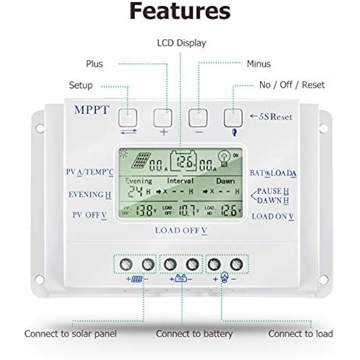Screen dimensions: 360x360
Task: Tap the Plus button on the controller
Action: (x=163, y=117)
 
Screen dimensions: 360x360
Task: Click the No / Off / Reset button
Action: (x=233, y=117)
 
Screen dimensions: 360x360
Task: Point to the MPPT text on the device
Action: (x=91, y=110)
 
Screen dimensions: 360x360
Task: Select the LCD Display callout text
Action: (x=181, y=43)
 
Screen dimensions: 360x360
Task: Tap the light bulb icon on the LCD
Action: (x=224, y=158)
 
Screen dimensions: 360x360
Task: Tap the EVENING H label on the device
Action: (x=90, y=195)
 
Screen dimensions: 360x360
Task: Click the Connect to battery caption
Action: (x=194, y=334)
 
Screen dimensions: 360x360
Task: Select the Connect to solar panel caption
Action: (x=71, y=334)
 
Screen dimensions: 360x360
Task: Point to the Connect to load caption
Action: (x=301, y=334)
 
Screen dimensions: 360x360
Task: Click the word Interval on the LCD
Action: (x=180, y=181)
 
